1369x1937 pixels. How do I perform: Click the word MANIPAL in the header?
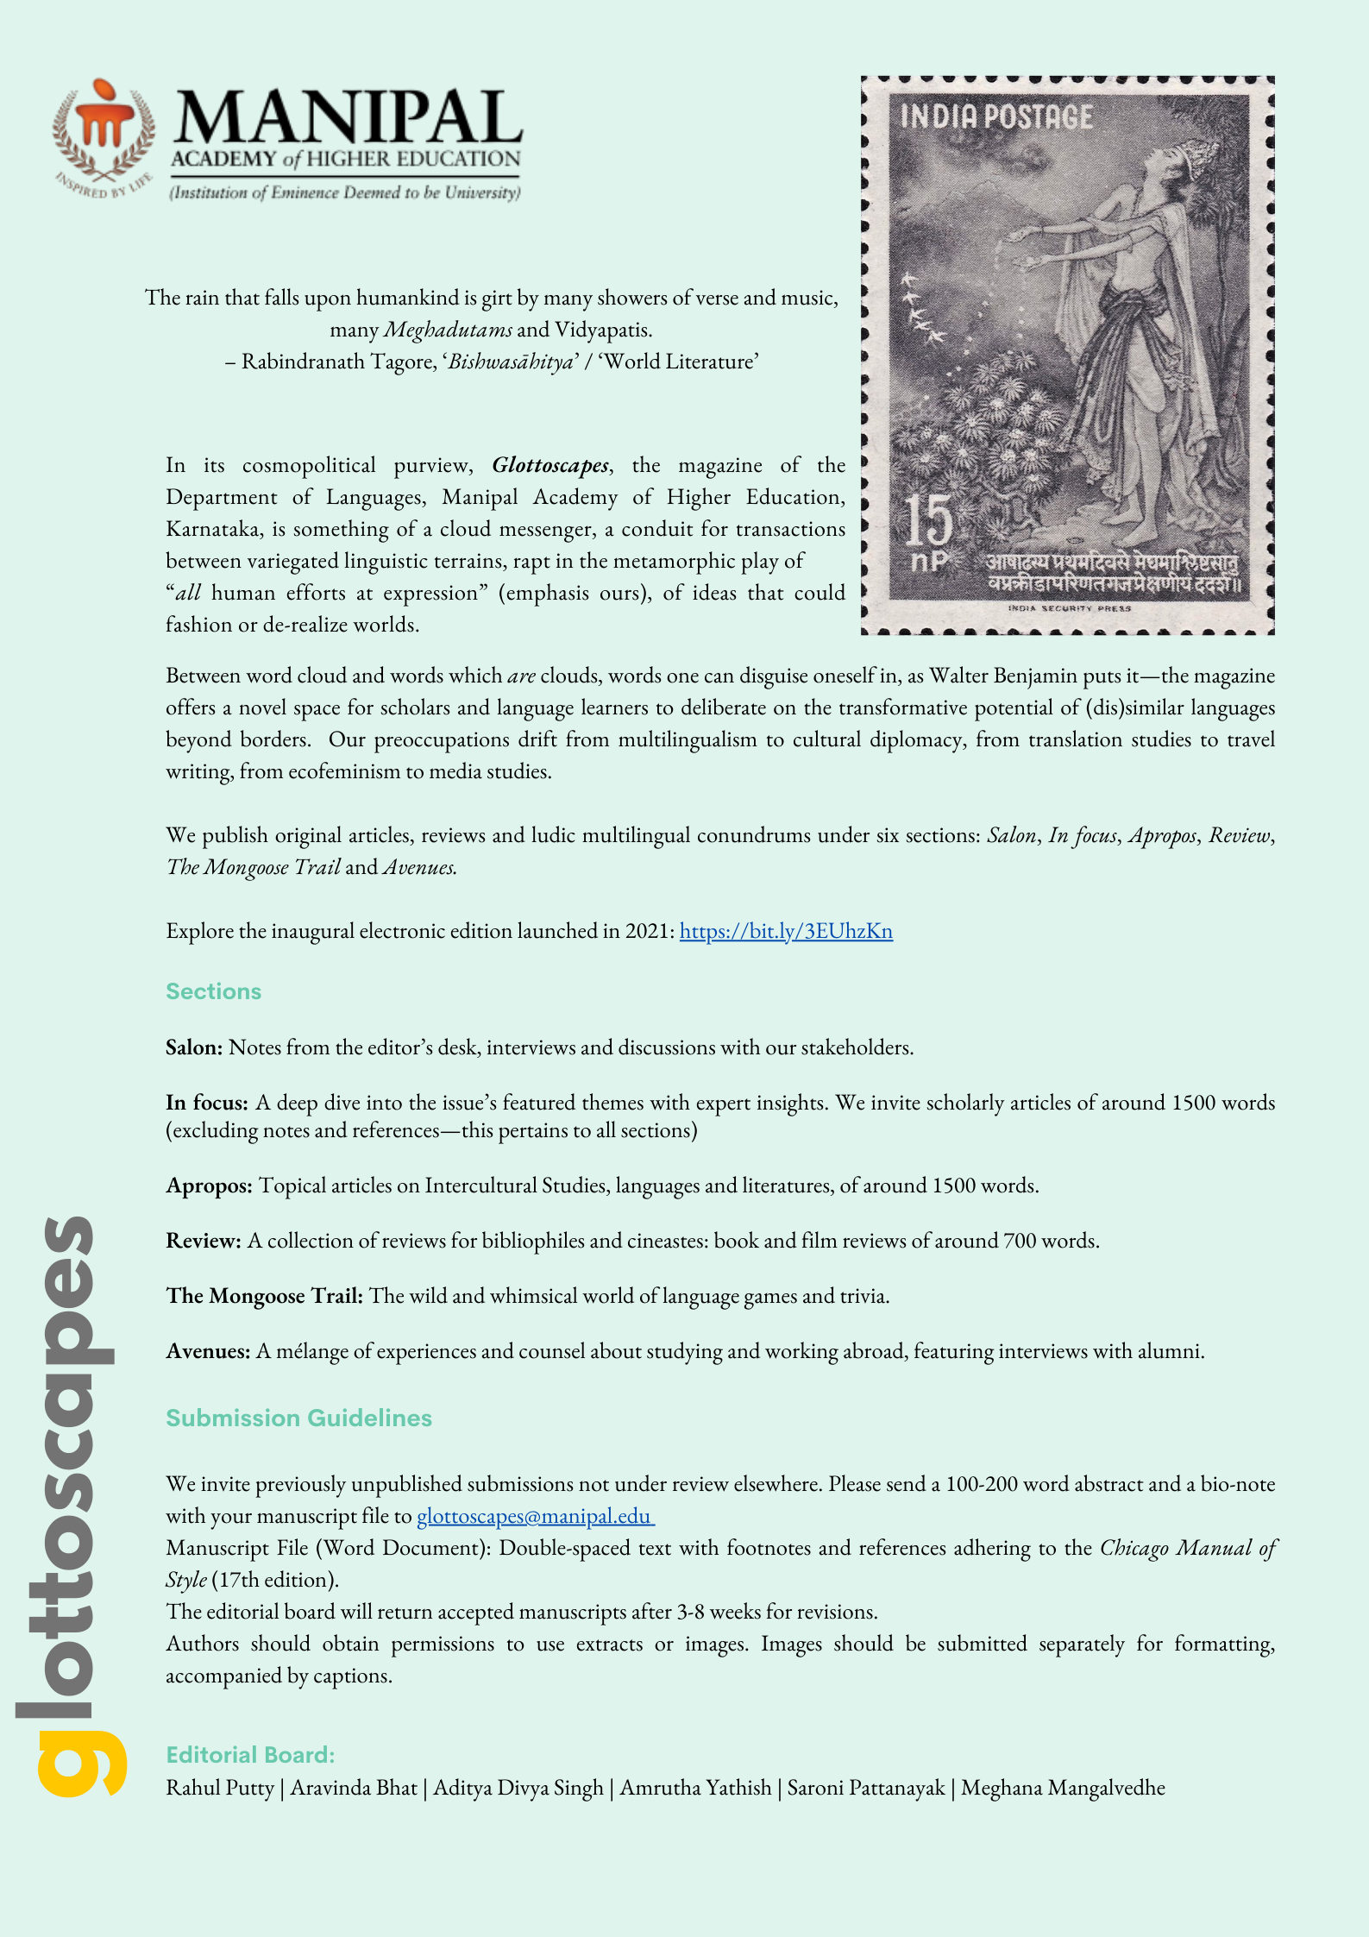point(348,118)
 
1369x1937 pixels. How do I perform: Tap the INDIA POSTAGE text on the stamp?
point(996,117)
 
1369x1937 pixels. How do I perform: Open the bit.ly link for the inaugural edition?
point(786,931)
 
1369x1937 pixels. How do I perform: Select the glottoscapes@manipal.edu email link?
point(535,1516)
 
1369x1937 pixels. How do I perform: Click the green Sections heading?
point(213,991)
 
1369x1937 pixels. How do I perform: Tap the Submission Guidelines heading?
point(298,1418)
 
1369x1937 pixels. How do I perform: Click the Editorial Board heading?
point(250,1755)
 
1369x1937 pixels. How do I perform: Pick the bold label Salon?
point(194,1047)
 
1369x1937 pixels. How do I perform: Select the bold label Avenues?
point(208,1351)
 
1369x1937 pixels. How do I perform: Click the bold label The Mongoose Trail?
point(264,1296)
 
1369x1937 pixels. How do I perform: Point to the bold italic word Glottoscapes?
point(550,466)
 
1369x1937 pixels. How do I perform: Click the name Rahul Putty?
point(220,1788)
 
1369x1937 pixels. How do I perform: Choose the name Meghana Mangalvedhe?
point(1063,1788)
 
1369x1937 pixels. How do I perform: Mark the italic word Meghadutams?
point(448,330)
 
